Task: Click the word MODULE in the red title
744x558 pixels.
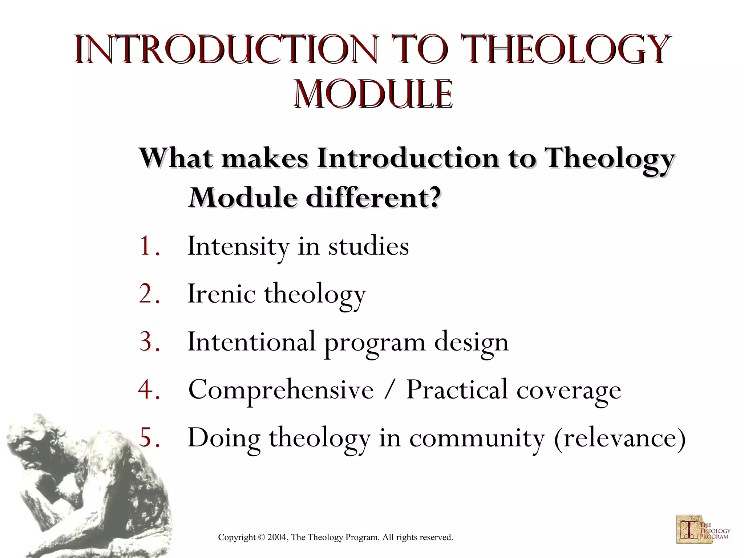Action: [373, 94]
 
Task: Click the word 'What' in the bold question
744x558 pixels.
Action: [176, 158]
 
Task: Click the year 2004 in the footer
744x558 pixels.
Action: [277, 537]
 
